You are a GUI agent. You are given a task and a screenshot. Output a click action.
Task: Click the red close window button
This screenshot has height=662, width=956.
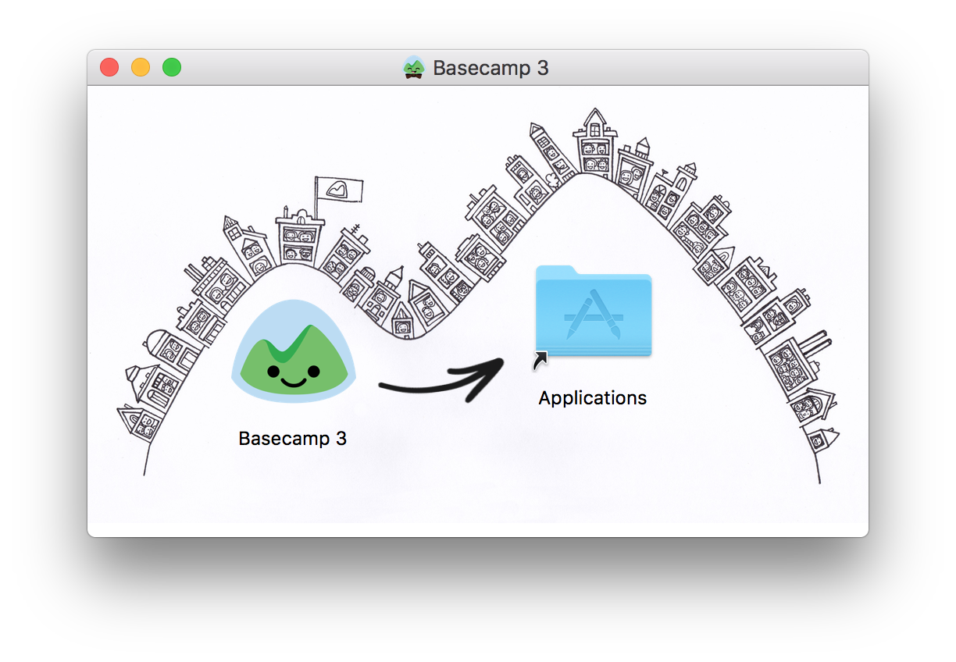109,68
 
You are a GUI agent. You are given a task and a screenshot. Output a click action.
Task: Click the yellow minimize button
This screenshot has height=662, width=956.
141,68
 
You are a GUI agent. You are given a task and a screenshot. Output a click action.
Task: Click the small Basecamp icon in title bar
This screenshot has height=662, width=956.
414,68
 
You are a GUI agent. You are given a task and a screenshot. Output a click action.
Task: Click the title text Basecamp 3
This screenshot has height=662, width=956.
490,68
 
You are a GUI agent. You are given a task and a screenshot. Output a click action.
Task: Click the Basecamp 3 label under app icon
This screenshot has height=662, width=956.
293,439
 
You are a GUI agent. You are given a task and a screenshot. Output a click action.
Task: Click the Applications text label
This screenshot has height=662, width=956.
593,398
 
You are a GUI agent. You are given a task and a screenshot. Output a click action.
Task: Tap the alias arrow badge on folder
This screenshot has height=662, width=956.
540,361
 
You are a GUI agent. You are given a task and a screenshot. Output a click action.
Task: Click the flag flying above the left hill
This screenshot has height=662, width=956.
339,188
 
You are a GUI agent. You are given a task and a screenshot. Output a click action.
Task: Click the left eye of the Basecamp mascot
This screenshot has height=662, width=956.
273,371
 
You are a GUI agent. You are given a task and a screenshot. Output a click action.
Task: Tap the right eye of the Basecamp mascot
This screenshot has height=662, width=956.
313,370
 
